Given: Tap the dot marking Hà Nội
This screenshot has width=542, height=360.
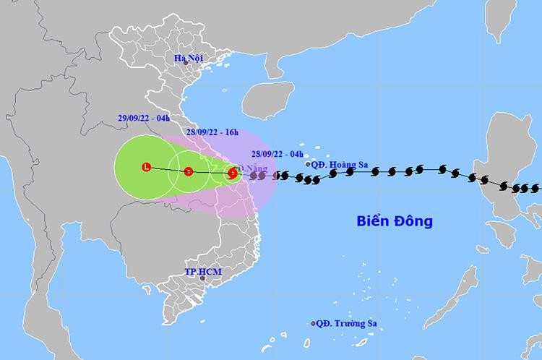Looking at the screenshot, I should pos(185,63).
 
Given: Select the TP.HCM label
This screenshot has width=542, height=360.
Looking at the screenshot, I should pos(200,272).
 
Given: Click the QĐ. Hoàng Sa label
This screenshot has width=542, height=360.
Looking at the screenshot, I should pos(341,164).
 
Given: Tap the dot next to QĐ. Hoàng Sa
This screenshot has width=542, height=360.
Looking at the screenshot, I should pos(308,164).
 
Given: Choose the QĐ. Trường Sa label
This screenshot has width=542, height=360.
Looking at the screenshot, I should pos(348,323).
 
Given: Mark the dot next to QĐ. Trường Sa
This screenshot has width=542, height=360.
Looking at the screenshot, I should pos(313,323).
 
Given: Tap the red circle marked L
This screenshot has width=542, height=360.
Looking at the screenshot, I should pos(146,168).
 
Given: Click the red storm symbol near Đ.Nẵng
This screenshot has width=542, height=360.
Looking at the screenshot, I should pos(232,173).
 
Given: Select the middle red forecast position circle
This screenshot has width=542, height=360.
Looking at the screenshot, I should pos(188,171).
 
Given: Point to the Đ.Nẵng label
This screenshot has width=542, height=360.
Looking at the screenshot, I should pos(252,168).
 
